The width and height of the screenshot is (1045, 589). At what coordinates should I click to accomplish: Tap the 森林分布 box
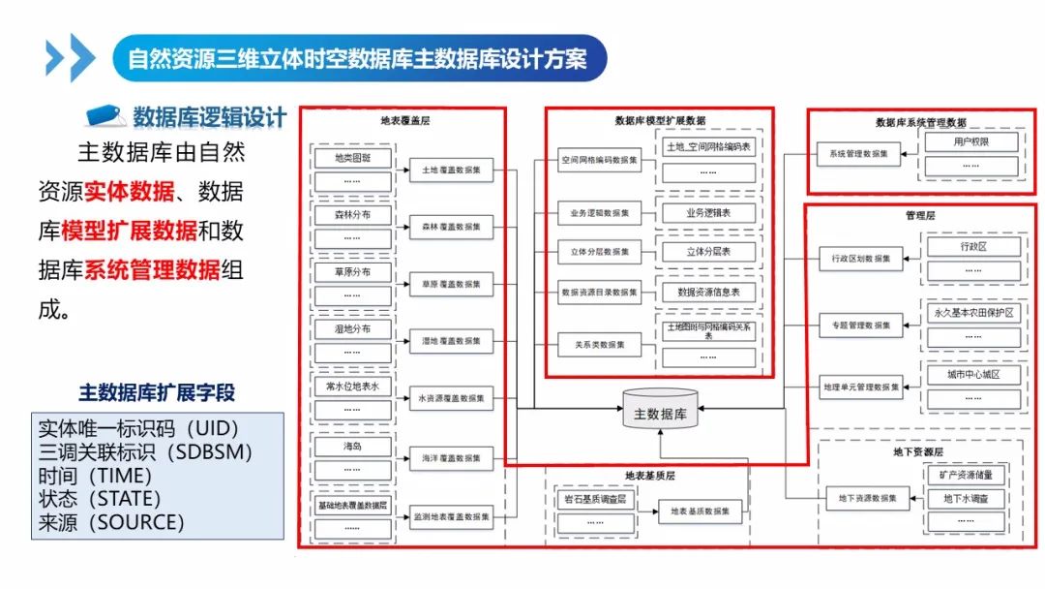pyautogui.click(x=352, y=214)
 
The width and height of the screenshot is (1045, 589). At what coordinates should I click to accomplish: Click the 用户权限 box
pyautogui.click(x=972, y=142)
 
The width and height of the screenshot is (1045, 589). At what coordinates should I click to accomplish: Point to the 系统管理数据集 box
pyautogui.click(x=859, y=153)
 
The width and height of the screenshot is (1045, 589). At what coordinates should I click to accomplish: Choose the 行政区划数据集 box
pyautogui.click(x=860, y=259)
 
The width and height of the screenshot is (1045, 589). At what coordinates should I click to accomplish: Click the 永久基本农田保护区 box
pyautogui.click(x=974, y=313)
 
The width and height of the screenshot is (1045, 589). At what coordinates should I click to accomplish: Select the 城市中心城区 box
pyautogui.click(x=974, y=374)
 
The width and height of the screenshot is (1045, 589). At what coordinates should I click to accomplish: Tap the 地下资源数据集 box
pyautogui.click(x=867, y=499)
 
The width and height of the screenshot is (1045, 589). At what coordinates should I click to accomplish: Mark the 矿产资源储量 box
pyautogui.click(x=972, y=476)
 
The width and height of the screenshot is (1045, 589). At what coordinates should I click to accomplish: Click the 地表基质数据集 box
pyautogui.click(x=700, y=511)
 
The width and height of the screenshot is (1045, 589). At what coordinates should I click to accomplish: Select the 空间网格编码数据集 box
pyautogui.click(x=599, y=159)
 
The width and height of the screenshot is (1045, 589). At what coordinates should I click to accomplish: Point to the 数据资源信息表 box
pyautogui.click(x=708, y=291)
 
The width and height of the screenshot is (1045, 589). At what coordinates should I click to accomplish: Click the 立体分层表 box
pyautogui.click(x=708, y=251)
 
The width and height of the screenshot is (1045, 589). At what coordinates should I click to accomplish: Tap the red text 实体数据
pyautogui.click(x=129, y=191)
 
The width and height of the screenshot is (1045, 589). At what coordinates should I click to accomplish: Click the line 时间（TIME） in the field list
pyautogui.click(x=95, y=476)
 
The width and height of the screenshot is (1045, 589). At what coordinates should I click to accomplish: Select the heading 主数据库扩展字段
pyautogui.click(x=157, y=393)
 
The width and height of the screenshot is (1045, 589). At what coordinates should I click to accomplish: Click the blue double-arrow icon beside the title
pyautogui.click(x=70, y=59)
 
